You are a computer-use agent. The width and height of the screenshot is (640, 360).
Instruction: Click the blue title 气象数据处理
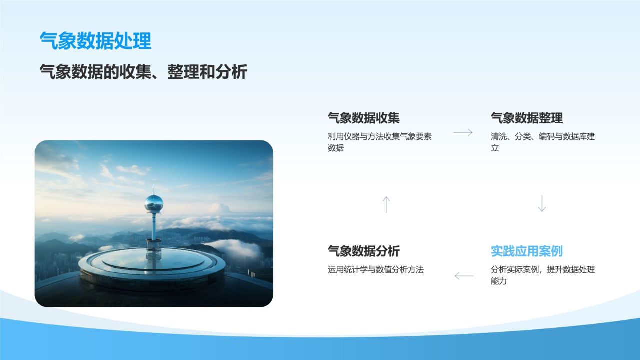95,41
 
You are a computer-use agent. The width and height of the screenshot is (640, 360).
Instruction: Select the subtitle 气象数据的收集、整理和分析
143,71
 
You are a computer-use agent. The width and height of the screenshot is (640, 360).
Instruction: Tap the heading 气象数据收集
363,118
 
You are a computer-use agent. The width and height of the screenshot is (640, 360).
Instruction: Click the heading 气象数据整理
527,118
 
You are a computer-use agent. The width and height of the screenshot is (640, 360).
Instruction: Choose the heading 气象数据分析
363,251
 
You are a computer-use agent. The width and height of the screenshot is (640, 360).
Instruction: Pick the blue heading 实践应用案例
527,251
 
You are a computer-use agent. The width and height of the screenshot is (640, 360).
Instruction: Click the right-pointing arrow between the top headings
463,132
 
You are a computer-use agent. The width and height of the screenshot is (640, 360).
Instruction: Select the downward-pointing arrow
542,203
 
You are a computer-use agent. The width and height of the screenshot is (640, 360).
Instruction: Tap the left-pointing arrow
464,276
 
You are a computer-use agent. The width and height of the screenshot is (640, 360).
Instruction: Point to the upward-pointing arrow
386,204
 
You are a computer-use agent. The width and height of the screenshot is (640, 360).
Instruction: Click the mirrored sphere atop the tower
154,203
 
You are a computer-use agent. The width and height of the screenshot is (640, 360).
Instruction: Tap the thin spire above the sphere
154,190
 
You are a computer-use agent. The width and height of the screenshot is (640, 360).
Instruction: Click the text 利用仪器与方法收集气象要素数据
379,142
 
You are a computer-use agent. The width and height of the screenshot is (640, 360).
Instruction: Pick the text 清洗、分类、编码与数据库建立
543,142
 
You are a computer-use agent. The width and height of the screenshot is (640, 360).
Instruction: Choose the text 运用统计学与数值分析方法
375,269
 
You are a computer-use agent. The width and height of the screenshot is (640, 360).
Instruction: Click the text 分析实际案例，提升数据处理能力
543,275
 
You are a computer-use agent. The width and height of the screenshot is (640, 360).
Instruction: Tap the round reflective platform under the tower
152,267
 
